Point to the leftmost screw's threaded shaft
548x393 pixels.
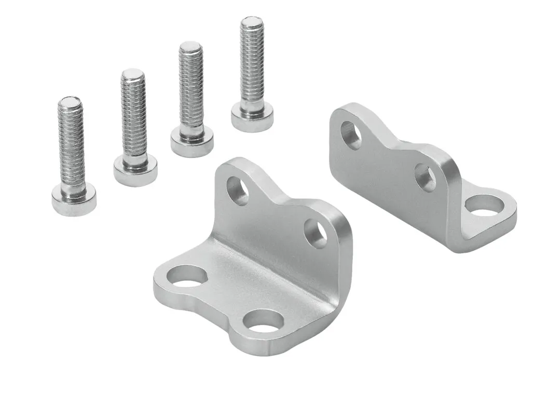click(71, 145)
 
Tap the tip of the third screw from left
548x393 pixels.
click(190, 47)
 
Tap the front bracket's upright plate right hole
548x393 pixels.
click(315, 233)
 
